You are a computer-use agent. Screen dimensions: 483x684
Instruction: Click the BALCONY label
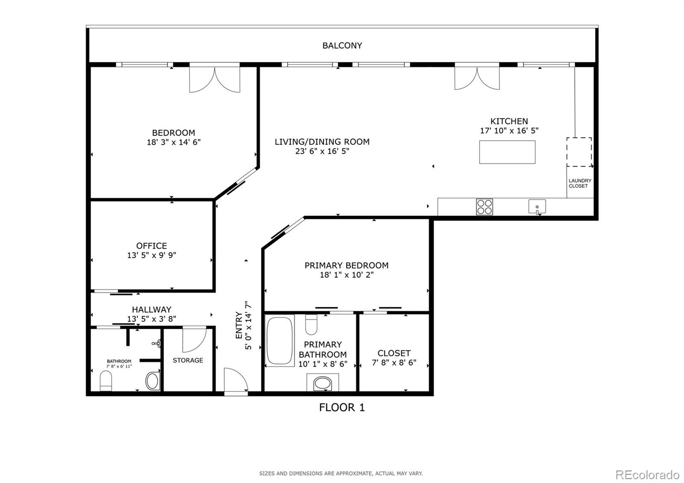tap(342, 45)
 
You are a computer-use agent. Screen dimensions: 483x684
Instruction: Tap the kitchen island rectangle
tap(507, 152)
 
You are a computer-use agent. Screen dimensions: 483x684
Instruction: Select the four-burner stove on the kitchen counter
tap(484, 207)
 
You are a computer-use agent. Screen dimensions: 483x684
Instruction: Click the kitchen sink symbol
tap(537, 206)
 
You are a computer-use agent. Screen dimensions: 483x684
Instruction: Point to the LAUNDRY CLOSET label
tap(580, 183)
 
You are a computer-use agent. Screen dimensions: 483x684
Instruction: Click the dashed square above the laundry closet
tap(579, 152)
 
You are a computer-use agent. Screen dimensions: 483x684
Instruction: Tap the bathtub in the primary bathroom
tap(280, 341)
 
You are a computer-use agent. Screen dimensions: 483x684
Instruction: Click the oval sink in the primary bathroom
tap(323, 383)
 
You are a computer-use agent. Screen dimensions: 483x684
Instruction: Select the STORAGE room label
tap(188, 360)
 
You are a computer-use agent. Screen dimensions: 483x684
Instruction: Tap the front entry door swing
tap(235, 380)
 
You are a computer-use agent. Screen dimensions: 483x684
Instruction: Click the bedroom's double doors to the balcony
tap(215, 80)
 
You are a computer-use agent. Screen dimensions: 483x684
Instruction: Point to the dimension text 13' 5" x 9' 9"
tap(152, 256)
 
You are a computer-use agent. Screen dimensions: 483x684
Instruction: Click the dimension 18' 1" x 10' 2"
tap(346, 275)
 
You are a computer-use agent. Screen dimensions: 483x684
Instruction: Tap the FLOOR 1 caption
tap(342, 407)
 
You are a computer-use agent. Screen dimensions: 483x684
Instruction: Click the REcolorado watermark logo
tap(647, 474)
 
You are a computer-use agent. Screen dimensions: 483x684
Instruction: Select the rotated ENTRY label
tap(239, 325)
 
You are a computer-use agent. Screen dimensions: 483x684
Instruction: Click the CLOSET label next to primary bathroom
tap(394, 353)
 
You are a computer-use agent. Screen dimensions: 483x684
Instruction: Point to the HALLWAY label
tap(151, 309)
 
